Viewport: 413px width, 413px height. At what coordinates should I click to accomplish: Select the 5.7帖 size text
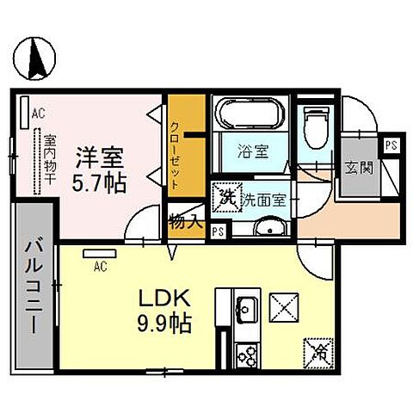[100, 183]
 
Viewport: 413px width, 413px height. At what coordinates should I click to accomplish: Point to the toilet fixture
[315, 127]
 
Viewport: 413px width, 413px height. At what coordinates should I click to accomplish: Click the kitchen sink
[246, 307]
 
